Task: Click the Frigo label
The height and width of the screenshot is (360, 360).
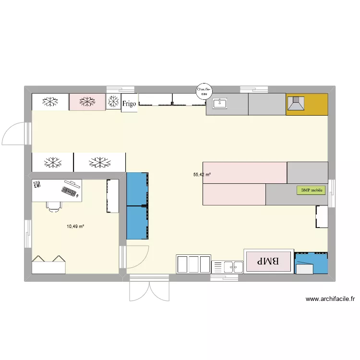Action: pos(129,104)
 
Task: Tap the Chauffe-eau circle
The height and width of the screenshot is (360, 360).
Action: pos(204,91)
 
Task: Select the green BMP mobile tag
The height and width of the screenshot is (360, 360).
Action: pos(311,191)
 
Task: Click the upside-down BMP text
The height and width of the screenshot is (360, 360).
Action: pos(268,261)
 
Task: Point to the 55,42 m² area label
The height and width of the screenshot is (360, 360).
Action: pos(202,175)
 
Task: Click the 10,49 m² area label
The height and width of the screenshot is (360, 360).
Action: pos(75,227)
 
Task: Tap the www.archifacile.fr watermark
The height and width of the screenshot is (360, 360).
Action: pos(330,299)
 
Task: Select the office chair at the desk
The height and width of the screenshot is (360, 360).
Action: pos(54,206)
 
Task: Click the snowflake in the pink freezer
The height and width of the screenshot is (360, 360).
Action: pos(87,101)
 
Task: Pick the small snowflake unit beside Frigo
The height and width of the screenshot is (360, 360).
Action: pos(113,101)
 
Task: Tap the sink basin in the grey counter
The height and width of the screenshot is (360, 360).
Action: pos(220,103)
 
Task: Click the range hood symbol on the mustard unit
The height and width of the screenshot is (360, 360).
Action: pos(296,104)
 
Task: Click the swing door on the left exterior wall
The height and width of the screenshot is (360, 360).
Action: pos(16,133)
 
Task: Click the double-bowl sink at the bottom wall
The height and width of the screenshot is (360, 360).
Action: pos(228,267)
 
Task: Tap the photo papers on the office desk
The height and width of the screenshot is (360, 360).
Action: pos(37,184)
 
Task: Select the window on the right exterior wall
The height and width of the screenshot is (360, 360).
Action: pos(332,193)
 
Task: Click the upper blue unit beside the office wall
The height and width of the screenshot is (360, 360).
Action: pos(137,189)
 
